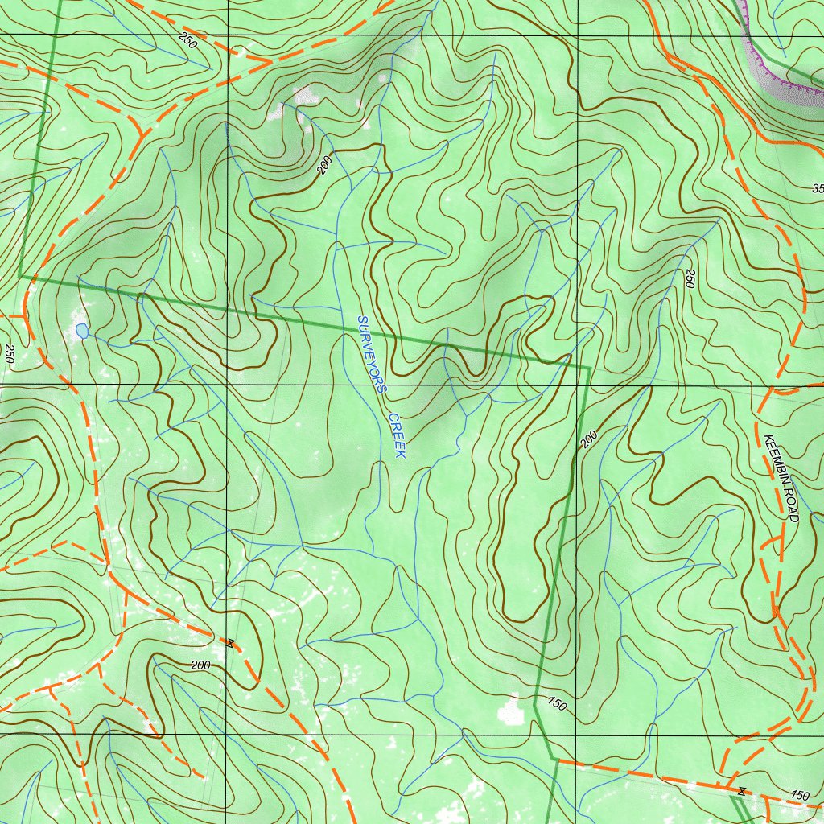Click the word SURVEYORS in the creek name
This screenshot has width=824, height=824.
[x=371, y=353]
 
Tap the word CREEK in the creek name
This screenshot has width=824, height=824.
[x=397, y=435]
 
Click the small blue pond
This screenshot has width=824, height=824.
[x=81, y=330]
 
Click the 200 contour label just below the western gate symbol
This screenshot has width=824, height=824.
[x=200, y=665]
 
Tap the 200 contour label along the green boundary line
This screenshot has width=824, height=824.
[x=589, y=439]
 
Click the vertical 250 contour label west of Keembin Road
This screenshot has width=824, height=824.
[x=690, y=278]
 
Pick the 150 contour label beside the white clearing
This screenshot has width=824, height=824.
[x=556, y=705]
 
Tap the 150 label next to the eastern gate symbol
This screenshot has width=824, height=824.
[x=799, y=795]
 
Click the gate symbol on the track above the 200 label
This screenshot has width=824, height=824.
[x=230, y=642]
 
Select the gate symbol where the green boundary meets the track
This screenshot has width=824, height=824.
[x=741, y=792]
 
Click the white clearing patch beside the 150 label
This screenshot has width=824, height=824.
[x=509, y=711]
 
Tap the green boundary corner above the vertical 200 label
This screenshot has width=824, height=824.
[x=590, y=369]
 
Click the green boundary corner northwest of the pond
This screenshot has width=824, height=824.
[x=20, y=276]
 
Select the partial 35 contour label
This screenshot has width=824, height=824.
[x=818, y=189]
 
